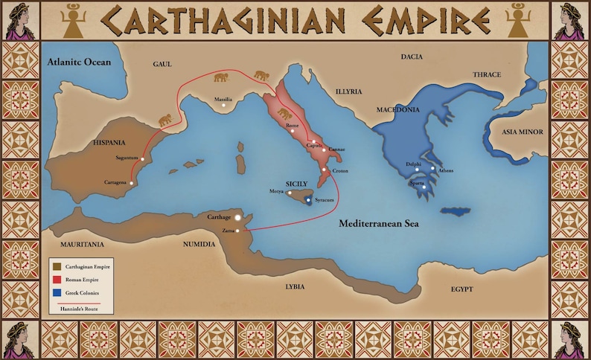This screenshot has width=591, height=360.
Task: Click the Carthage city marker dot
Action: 237,218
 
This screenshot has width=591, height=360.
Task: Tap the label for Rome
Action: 293,126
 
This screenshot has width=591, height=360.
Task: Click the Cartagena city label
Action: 114,182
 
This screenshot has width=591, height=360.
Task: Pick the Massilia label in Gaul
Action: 224,99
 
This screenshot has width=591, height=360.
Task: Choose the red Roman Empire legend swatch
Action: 56,279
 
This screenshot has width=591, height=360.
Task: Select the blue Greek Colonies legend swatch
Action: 56,293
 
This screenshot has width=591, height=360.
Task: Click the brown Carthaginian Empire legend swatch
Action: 56,266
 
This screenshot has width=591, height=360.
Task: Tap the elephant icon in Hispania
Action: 164,118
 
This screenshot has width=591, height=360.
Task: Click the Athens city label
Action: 446,170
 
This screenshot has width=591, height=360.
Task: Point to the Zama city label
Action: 229,231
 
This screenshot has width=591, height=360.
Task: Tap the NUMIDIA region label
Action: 199,243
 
